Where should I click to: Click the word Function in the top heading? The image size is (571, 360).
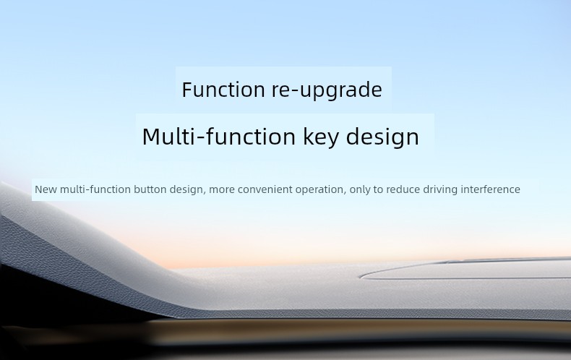click(223, 90)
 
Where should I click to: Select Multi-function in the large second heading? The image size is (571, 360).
click(218, 137)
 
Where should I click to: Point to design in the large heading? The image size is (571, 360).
click(382, 138)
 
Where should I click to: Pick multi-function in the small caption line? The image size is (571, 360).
click(95, 189)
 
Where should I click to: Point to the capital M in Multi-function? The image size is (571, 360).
click(151, 137)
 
